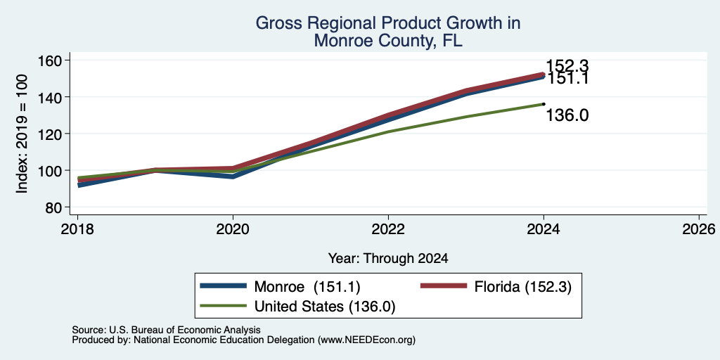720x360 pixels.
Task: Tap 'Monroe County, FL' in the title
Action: click(388, 40)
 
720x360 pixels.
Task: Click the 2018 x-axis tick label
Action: click(77, 229)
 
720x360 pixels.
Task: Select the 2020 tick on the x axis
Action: click(233, 229)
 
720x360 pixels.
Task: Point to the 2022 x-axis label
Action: click(388, 229)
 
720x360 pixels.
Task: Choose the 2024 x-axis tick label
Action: click(544, 229)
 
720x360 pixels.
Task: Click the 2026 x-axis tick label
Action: click(699, 229)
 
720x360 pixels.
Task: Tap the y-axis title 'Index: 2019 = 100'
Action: click(22, 134)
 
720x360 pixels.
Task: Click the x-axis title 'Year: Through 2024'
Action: click(388, 259)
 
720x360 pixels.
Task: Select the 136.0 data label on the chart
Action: click(567, 116)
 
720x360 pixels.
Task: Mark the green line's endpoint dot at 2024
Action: click(544, 104)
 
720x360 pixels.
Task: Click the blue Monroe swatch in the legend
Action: click(224, 285)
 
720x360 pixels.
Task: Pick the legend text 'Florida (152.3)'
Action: click(523, 287)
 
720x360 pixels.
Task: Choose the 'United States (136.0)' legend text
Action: click(325, 307)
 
